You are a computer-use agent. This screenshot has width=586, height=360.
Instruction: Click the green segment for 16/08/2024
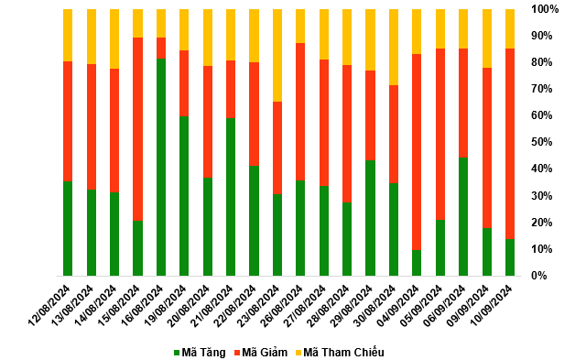(x=161, y=167)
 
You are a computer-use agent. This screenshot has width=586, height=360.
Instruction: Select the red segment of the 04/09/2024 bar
(x=417, y=152)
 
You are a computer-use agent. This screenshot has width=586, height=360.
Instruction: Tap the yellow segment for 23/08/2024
(x=277, y=55)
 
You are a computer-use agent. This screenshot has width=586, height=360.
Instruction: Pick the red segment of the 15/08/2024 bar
(x=138, y=129)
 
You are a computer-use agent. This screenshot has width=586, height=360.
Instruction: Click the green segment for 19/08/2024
(x=184, y=196)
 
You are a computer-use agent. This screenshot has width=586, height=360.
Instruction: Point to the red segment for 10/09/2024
(x=510, y=144)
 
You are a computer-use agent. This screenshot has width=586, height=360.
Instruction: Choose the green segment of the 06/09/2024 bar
(x=463, y=217)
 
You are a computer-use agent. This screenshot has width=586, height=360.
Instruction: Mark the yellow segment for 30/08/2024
(x=394, y=48)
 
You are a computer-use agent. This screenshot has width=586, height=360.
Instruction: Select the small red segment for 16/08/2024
(x=161, y=49)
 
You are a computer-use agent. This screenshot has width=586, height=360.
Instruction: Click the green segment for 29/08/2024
(x=370, y=218)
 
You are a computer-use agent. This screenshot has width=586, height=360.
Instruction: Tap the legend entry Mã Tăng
(x=200, y=352)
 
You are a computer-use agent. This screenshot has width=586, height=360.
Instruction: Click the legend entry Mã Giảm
(x=261, y=352)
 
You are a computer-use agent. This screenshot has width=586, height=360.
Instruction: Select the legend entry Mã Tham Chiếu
(x=340, y=352)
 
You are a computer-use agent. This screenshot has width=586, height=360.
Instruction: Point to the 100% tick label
(x=545, y=9)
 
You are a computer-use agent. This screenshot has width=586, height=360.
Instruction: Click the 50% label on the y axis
(x=542, y=142)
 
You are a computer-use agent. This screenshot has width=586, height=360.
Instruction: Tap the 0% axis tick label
(x=539, y=276)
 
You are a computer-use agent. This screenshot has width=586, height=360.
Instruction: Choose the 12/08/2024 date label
(x=49, y=305)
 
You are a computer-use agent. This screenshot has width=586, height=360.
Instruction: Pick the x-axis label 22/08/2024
(x=235, y=305)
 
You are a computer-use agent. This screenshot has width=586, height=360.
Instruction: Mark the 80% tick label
(x=542, y=62)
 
